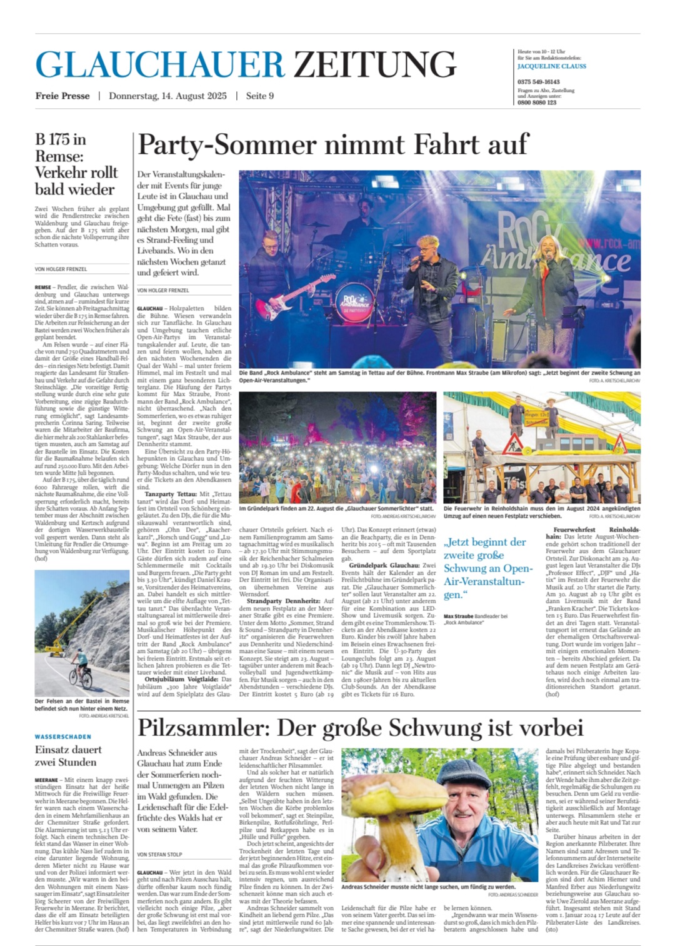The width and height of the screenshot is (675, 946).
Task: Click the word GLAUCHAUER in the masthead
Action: pyautogui.click(x=160, y=64)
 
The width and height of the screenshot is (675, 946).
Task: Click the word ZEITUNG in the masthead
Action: pyautogui.click(x=375, y=64)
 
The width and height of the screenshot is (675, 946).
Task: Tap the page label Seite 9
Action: pyautogui.click(x=260, y=96)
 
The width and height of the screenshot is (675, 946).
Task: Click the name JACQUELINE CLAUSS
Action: pyautogui.click(x=552, y=66)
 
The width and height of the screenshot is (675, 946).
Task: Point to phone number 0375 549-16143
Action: pyautogui.click(x=539, y=82)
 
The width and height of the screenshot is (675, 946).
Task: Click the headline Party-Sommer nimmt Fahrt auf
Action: pyautogui.click(x=333, y=145)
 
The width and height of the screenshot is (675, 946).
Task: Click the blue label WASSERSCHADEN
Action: pyautogui.click(x=63, y=737)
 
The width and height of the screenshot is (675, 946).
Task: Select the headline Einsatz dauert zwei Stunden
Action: pyautogui.click(x=68, y=755)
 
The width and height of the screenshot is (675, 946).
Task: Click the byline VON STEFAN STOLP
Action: pyautogui.click(x=159, y=853)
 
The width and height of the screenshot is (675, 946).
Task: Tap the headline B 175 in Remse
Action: pyautogui.click(x=75, y=164)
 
